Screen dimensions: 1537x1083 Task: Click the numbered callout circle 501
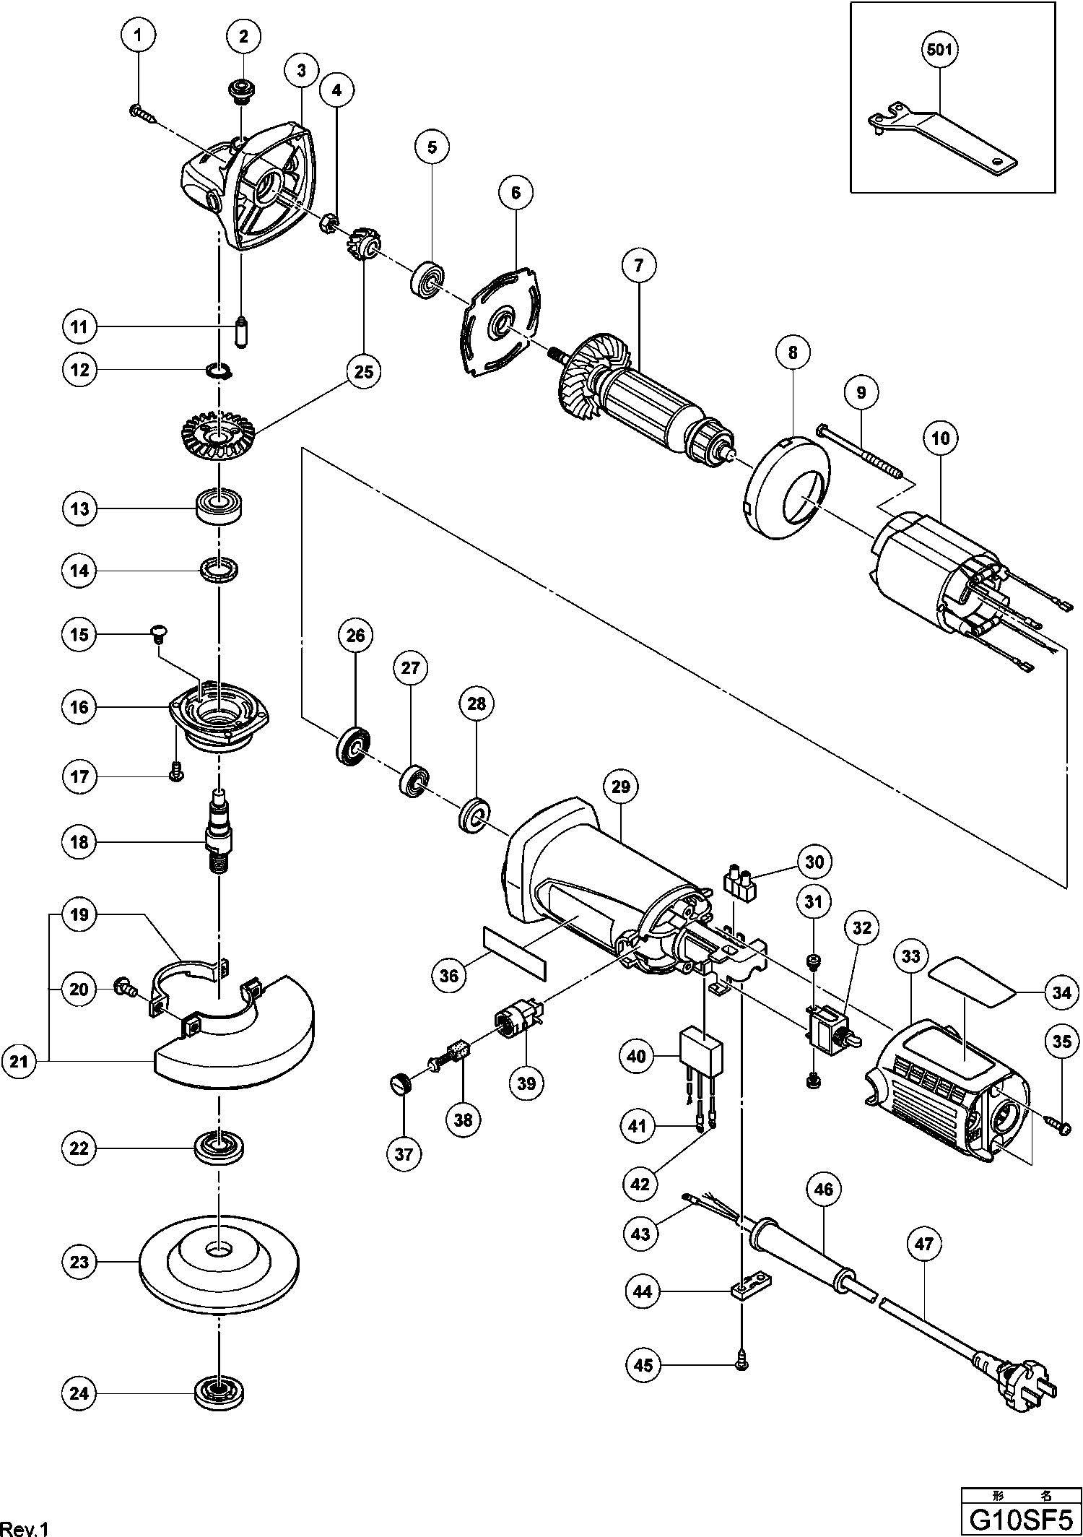(x=939, y=50)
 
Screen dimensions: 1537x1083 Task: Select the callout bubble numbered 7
(x=638, y=267)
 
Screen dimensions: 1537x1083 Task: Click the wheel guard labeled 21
(x=238, y=1033)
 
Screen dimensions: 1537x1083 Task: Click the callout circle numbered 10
(x=940, y=438)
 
